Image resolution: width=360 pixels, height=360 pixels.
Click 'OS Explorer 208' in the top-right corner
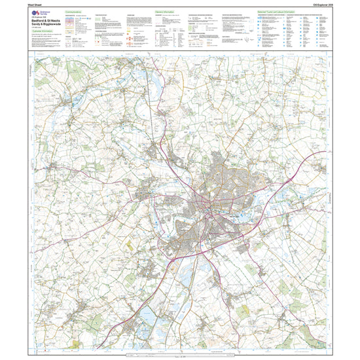(x=343, y=5)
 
